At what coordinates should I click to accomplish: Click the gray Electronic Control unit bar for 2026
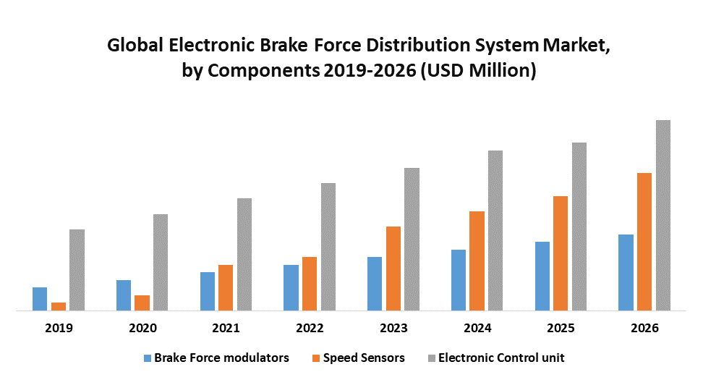pyautogui.click(x=663, y=216)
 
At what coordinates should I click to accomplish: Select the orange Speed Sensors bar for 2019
pyautogui.click(x=59, y=306)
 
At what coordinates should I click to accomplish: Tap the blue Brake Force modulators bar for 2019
pyautogui.click(x=40, y=299)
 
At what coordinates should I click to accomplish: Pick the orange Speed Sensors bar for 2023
pyautogui.click(x=393, y=269)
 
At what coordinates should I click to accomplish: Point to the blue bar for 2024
pyautogui.click(x=459, y=280)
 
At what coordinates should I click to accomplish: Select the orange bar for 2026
pyautogui.click(x=644, y=242)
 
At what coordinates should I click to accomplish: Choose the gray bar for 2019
pyautogui.click(x=77, y=270)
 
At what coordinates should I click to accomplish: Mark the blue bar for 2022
pyautogui.click(x=291, y=287)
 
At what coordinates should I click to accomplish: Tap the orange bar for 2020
pyautogui.click(x=142, y=303)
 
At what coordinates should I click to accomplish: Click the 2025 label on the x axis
pyautogui.click(x=561, y=328)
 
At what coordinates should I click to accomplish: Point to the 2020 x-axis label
pyautogui.click(x=142, y=328)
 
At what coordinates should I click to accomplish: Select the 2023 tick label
pyautogui.click(x=393, y=328)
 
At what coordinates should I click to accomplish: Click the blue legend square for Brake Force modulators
pyautogui.click(x=148, y=358)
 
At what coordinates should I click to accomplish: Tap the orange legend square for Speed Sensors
pyautogui.click(x=315, y=358)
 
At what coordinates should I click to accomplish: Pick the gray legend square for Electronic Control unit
pyautogui.click(x=432, y=358)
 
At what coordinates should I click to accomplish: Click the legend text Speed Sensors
pyautogui.click(x=364, y=358)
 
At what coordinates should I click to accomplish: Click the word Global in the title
pyautogui.click(x=135, y=46)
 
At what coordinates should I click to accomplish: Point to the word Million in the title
pyautogui.click(x=499, y=72)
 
